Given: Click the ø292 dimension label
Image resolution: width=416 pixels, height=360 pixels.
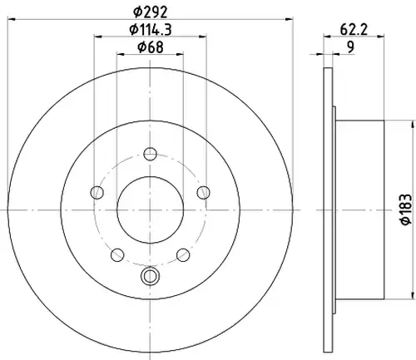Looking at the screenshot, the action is pos(151,12).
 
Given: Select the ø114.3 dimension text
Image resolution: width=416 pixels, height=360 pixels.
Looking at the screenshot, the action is pos(151,29).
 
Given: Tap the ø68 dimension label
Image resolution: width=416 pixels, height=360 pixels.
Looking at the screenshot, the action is pos(151,47).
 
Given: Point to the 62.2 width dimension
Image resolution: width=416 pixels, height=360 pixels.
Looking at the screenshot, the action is pos(354,29).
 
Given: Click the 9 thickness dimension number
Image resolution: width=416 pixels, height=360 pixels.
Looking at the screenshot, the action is pos(351,47).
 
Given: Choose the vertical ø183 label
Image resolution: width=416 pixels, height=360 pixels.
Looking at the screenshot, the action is pos(407,210).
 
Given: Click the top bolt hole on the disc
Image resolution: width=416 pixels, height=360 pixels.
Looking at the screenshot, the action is pos(150,154).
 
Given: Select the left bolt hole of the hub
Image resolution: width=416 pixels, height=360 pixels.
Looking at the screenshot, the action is pos(97,192).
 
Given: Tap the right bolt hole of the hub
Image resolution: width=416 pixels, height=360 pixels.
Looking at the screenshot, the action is pos(203,192).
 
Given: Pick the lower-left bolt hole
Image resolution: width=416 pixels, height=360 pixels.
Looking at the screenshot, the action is pos(117,254).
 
